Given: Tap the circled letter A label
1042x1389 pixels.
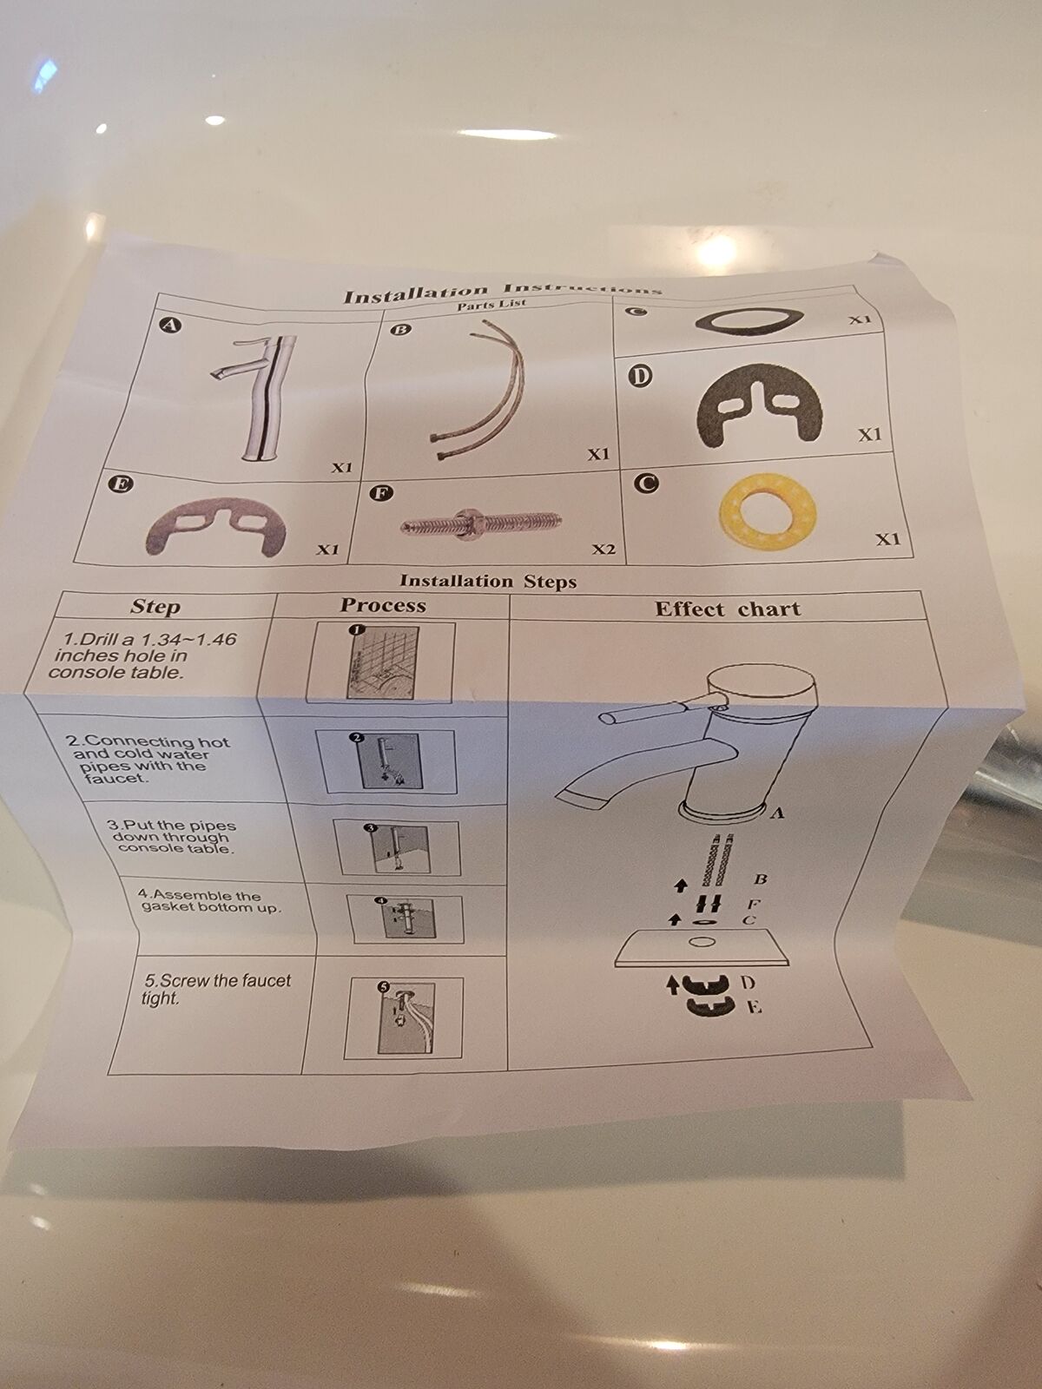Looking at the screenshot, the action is coord(170,326).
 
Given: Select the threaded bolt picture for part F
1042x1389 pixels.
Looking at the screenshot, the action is coord(481,522).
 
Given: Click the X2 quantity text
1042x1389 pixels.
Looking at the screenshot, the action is coord(603,550).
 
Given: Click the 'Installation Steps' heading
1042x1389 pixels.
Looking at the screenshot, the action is coord(488,581).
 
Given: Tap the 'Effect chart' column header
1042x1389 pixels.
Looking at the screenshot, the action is coord(728,609).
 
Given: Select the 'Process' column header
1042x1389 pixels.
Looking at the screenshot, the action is coord(383,605).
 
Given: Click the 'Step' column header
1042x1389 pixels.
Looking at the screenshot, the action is coord(155,606).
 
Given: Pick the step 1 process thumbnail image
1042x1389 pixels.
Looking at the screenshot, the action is coord(381,662).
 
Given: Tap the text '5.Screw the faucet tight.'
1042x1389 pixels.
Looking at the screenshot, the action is coord(216,989).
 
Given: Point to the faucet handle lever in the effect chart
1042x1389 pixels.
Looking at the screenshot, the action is coord(657,711).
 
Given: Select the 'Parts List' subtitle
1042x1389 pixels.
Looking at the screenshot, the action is coord(491,305).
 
